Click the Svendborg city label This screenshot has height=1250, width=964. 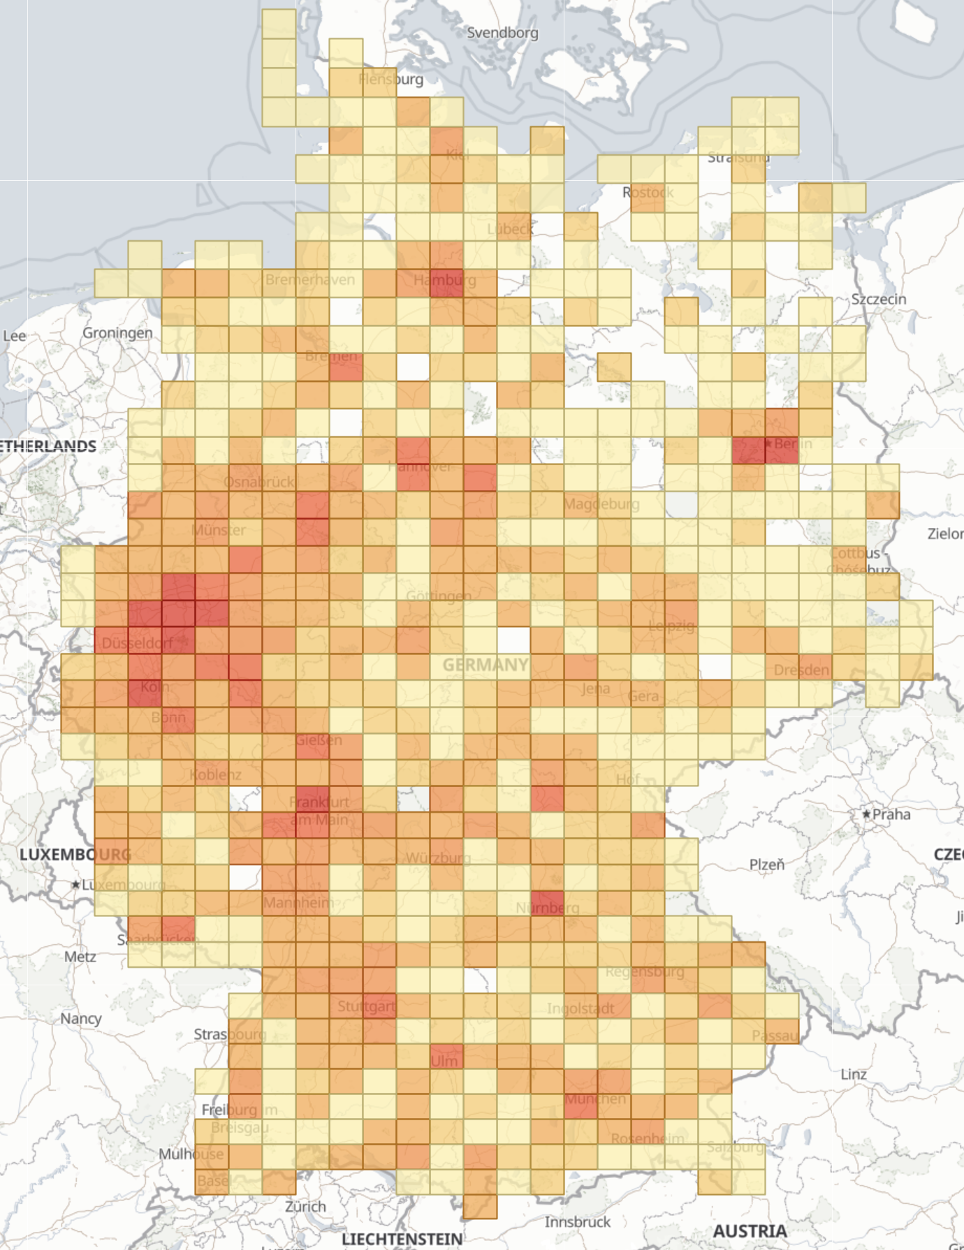502,33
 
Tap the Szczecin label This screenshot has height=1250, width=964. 878,299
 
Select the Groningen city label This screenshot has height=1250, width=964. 117,332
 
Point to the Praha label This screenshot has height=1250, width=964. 891,814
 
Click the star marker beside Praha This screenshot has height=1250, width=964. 866,814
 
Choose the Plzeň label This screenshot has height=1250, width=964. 766,865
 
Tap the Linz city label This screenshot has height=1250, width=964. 853,1074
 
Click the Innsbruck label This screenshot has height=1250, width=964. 577,1221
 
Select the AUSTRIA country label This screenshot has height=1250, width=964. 750,1230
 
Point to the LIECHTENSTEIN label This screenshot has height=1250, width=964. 402,1239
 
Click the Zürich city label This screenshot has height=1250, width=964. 305,1206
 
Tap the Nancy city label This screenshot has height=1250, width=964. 80,1018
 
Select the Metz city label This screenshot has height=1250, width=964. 80,956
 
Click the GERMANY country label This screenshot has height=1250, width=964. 485,665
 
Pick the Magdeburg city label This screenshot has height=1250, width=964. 601,503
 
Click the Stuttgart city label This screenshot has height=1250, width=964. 366,1006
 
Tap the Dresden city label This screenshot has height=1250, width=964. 801,670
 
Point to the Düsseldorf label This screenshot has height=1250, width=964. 137,642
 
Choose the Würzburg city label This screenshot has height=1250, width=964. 438,858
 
